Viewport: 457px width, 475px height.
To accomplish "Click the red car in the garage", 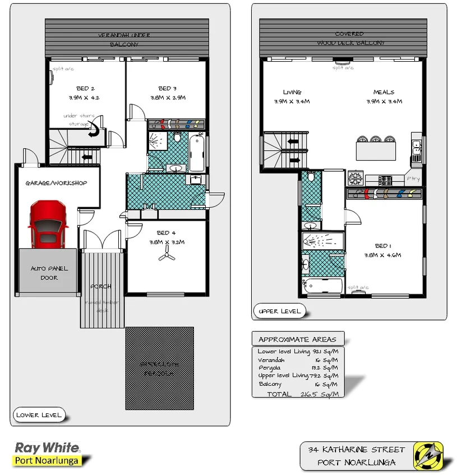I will pos(48,226).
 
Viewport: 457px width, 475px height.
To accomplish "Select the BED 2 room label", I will pos(85,88).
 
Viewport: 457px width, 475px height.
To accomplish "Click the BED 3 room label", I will pos(167,88).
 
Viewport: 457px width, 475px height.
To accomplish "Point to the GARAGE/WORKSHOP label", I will pos(56,183).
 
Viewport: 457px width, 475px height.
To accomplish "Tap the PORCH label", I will pos(101,286).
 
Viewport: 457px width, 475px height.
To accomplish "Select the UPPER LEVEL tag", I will pos(280,311).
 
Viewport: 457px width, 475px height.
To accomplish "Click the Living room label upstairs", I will pos(292,92).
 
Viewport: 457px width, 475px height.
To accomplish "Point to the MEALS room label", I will pos(384,92).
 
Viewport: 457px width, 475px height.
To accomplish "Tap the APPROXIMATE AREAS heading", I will pos(297,339).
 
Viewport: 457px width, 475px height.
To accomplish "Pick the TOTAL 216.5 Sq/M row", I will pos(297,394).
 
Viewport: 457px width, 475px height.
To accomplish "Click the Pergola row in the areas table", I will pos(297,368).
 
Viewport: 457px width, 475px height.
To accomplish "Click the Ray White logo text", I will pos(47,448).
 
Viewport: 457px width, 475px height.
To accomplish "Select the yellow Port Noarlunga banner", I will pos(47,461).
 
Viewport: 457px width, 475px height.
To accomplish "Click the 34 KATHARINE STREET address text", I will pos(356,450).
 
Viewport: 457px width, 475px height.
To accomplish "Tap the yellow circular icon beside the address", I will pos(428,455).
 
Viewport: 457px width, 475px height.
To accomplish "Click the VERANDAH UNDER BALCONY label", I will pos(124,39).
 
